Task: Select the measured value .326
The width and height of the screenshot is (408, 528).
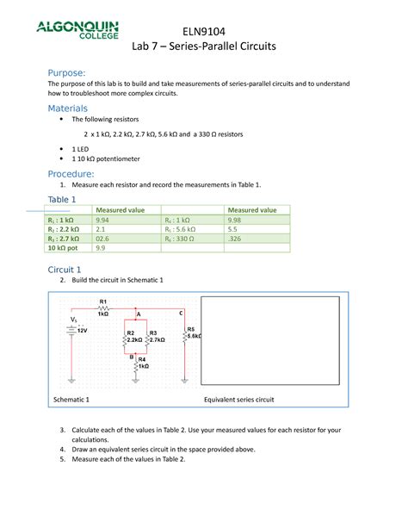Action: (233, 239)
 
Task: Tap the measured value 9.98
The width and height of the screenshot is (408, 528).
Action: (233, 220)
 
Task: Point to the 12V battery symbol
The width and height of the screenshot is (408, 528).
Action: (74, 329)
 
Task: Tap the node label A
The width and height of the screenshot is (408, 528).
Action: (138, 316)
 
